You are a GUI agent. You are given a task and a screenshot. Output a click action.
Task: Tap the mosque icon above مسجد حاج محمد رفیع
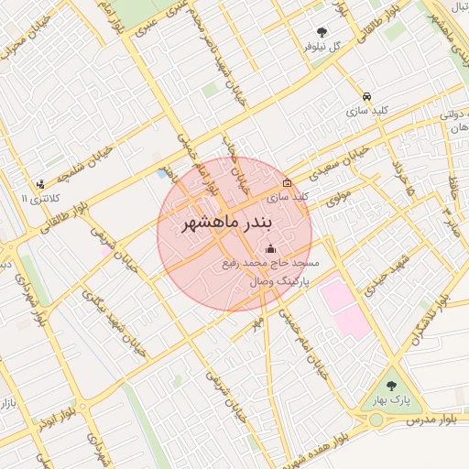click(270, 249)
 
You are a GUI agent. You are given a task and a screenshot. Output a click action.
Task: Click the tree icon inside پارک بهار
click(393, 387)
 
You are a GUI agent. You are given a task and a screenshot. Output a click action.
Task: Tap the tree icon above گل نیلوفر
click(321, 32)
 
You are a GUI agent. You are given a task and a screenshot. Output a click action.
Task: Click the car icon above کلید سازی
click(366, 96)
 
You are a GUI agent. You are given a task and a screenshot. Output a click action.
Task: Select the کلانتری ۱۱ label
click(38, 198)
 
